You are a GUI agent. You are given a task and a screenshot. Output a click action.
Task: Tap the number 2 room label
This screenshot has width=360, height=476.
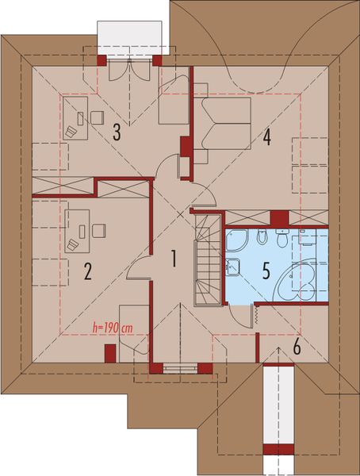tap(88, 272)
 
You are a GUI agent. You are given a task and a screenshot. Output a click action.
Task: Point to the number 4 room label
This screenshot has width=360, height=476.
tap(267, 137)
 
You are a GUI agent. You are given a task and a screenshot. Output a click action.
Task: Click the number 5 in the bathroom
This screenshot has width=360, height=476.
tap(266, 270)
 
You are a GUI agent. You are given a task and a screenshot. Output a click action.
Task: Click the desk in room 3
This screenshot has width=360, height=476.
tap(75, 118)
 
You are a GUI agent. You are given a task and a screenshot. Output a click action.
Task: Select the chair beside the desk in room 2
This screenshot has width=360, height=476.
tap(99, 230)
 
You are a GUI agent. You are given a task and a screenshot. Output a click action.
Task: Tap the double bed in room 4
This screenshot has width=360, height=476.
tap(225, 121)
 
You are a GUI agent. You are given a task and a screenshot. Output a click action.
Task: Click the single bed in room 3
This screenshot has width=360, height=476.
tap(174, 101)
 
